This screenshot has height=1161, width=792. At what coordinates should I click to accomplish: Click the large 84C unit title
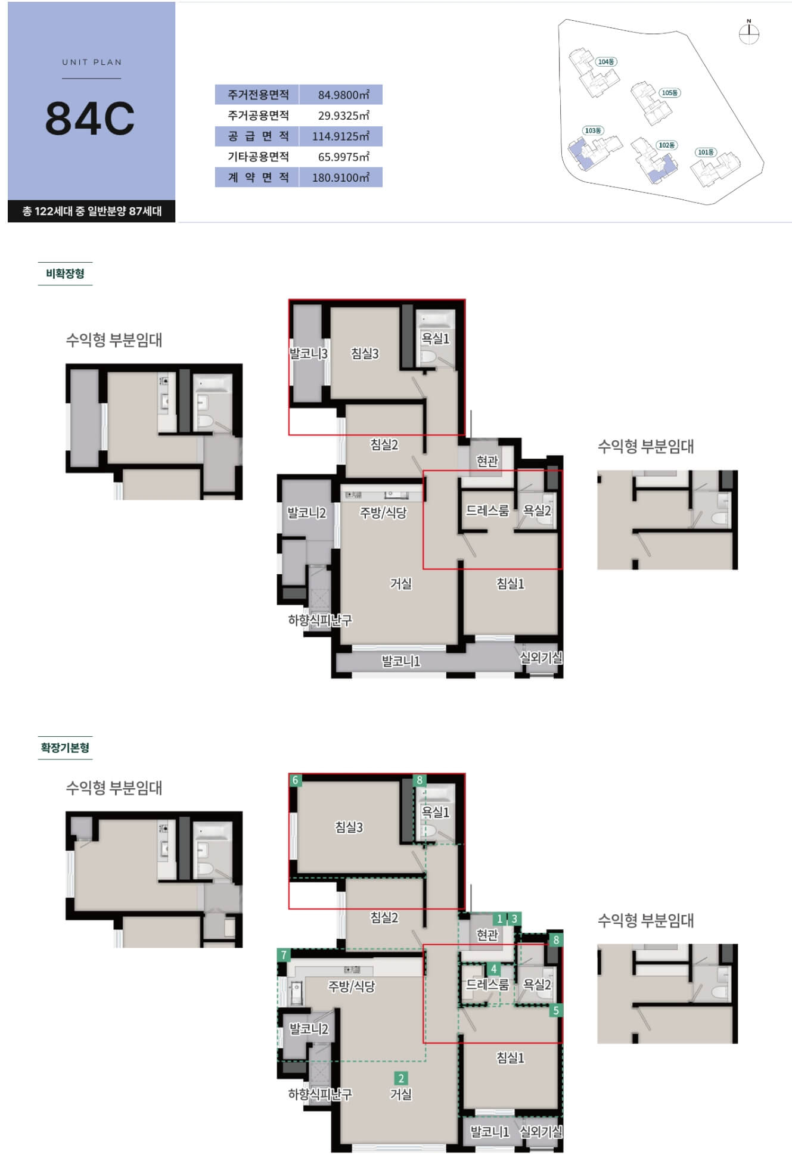pos(90,118)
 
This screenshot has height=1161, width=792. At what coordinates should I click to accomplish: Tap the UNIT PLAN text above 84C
pos(92,62)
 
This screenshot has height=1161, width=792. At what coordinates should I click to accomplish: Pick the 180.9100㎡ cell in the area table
pos(340,178)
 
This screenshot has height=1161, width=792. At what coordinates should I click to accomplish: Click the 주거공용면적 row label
pos(258,116)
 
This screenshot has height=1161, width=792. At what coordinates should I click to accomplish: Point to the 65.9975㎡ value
pos(343,157)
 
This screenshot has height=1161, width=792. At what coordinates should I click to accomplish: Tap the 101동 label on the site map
pos(706,152)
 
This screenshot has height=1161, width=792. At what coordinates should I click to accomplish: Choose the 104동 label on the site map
pos(606,62)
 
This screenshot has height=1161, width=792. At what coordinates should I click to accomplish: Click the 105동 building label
pos(670,93)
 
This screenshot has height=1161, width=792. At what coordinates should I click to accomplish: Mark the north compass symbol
pos(748,33)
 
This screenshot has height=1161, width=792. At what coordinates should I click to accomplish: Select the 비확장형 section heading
pos(65,273)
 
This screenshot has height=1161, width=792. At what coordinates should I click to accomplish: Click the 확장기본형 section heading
pos(65,747)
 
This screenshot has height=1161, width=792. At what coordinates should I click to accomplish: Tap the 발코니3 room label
pos(308,353)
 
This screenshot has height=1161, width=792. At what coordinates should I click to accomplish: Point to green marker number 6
pos(295,780)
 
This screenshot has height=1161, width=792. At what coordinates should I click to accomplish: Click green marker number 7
pos(284,955)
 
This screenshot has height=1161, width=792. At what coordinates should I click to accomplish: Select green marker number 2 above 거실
pos(401,1078)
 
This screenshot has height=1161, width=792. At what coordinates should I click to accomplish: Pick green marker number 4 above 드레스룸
pos(493,969)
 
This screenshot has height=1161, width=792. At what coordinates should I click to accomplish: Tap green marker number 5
pos(556,1010)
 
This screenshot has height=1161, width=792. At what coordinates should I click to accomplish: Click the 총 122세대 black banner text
pos(92,211)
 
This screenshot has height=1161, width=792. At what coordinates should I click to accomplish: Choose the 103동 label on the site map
pos(593,130)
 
